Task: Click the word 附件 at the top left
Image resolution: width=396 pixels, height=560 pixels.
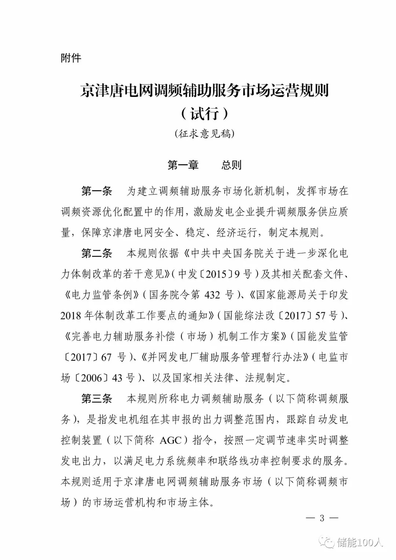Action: click(71, 58)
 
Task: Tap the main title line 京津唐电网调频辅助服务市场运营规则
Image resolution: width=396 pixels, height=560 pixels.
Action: click(205, 91)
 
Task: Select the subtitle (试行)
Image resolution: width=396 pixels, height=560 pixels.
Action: click(205, 113)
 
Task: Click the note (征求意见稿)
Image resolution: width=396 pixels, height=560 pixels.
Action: click(205, 133)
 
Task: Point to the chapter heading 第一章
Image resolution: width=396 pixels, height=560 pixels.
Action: click(183, 165)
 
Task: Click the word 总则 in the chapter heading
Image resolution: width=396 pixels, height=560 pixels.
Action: click(231, 165)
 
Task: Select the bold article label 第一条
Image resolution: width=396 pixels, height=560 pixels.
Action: click(96, 191)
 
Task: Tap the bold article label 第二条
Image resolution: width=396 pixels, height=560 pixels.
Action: click(96, 253)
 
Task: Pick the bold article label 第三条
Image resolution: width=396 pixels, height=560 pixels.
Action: click(96, 399)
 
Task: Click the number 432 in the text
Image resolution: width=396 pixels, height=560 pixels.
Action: click(212, 295)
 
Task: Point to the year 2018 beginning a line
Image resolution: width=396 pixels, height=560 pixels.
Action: click(70, 316)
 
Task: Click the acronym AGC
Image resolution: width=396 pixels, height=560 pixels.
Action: click(171, 440)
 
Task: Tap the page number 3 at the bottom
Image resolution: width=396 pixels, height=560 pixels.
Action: click(322, 518)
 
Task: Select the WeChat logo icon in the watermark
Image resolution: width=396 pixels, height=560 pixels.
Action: click(326, 542)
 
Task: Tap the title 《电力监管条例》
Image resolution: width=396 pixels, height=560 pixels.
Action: click(100, 295)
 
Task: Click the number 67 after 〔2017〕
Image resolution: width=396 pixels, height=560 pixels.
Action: click(106, 357)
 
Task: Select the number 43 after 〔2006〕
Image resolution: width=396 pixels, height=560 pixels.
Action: click(117, 378)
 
